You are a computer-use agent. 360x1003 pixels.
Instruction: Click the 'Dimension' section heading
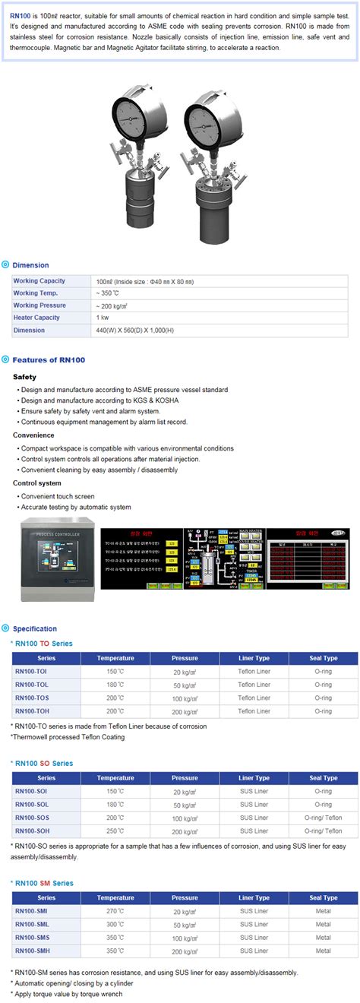click(x=30, y=265)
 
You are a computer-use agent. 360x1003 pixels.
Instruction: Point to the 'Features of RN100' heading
click(x=49, y=359)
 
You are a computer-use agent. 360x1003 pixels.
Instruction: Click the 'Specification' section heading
click(x=34, y=628)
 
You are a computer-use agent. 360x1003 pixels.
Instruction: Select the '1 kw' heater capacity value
click(x=102, y=318)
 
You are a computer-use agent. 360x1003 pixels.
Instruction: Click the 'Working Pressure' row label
click(x=39, y=305)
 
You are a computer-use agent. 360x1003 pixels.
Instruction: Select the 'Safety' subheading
click(x=24, y=377)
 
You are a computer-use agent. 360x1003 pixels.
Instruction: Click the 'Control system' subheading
click(x=37, y=483)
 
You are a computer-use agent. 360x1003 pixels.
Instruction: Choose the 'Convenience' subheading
click(x=33, y=435)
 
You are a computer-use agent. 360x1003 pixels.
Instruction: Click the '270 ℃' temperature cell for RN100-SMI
click(x=115, y=911)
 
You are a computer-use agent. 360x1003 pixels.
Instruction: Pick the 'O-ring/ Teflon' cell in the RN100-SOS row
click(x=324, y=818)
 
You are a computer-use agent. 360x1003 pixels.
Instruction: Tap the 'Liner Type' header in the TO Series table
click(x=254, y=658)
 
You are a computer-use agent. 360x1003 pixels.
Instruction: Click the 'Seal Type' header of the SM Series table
click(x=324, y=898)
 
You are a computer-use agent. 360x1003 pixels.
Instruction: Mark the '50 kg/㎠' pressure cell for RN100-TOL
click(x=185, y=685)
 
